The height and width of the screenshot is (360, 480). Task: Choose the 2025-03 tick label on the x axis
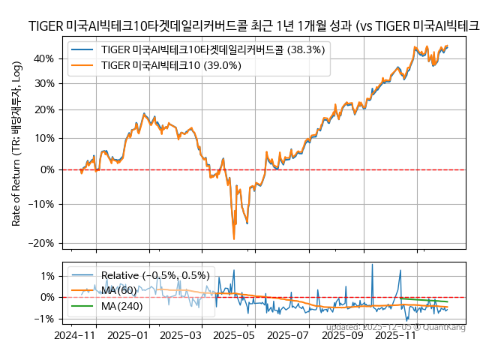181,337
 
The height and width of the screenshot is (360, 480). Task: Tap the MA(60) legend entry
118,290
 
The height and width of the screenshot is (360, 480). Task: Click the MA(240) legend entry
121,305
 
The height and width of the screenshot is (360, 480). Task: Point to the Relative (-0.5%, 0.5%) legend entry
155,275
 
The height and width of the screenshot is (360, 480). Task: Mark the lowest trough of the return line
234,238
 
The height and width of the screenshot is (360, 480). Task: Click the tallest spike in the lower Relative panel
372,264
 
